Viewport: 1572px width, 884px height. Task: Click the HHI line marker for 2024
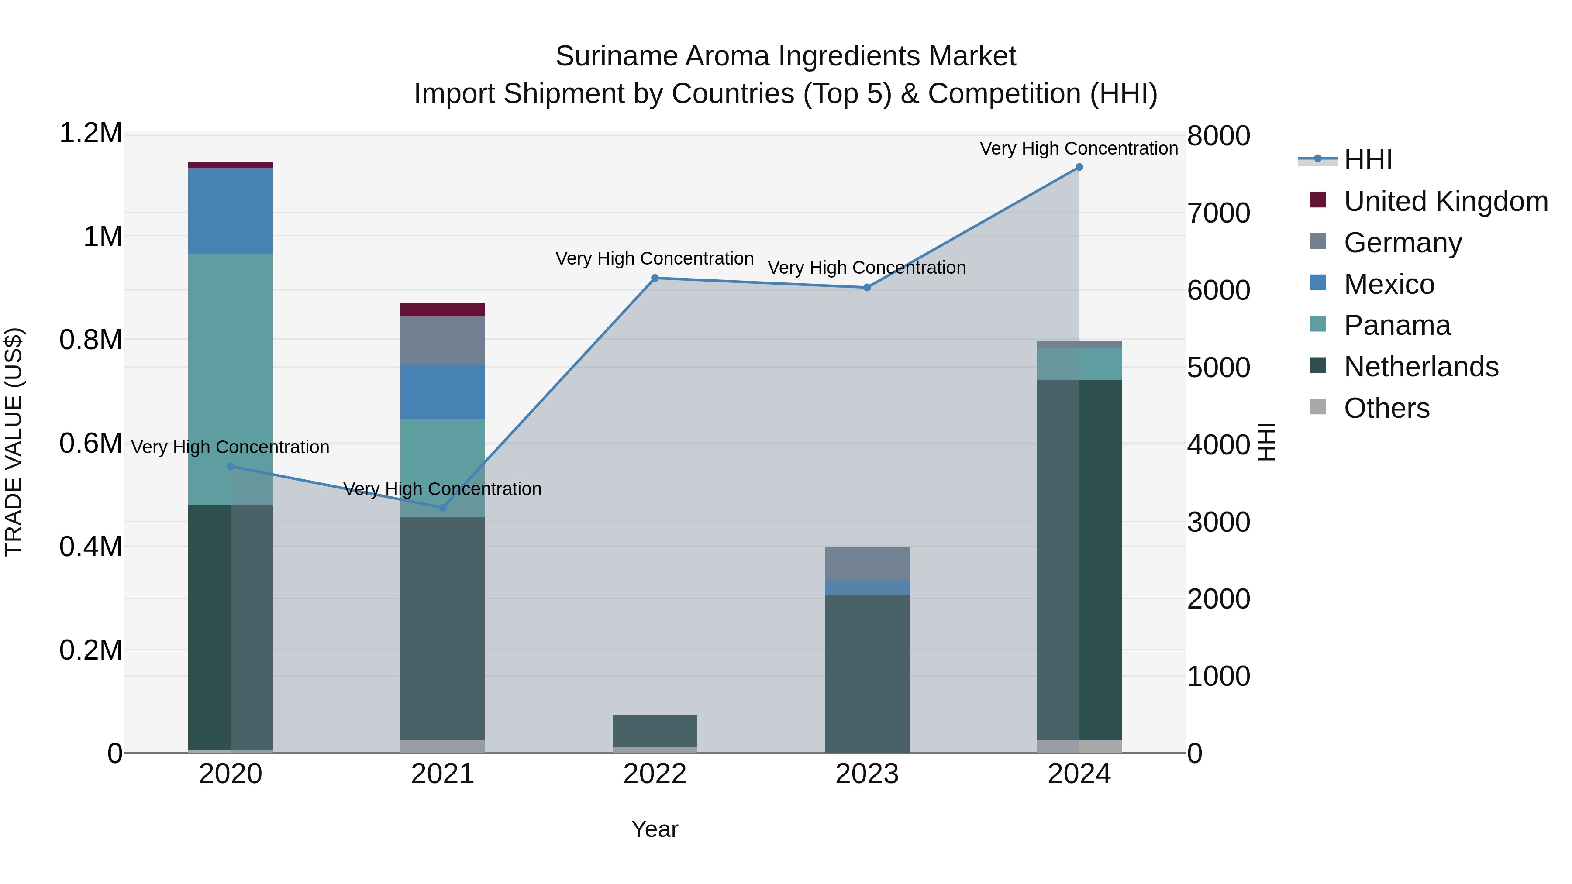1079,167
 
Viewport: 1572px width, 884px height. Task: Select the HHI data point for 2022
655,278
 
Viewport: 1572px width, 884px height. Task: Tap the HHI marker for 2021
443,508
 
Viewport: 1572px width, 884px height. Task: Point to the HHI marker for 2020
231,466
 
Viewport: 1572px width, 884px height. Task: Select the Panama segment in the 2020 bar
231,378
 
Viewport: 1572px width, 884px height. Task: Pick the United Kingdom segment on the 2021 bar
443,310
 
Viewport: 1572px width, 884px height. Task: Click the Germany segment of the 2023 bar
867,563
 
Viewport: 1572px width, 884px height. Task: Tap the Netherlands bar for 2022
655,731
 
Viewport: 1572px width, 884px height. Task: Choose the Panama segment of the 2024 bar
1079,364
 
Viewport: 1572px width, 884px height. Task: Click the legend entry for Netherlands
1420,367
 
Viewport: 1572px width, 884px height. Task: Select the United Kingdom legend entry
1445,201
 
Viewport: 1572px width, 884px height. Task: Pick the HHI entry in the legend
1368,160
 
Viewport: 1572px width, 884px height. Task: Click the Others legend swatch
1318,407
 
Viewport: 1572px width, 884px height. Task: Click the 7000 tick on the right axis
1218,213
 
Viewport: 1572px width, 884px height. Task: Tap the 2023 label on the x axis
867,774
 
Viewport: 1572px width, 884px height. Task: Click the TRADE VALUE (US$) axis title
14,442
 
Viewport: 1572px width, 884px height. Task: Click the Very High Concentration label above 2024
1079,148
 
